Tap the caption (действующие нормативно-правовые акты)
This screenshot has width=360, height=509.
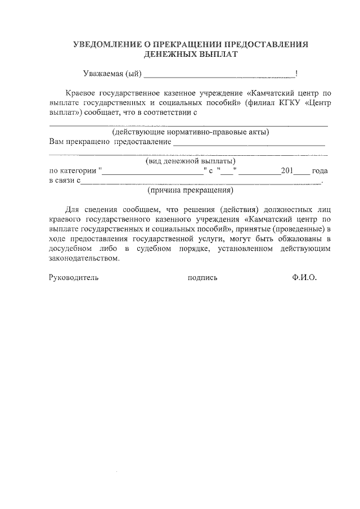tap(191, 132)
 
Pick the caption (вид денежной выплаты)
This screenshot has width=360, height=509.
tap(191, 161)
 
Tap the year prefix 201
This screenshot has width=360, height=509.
tap(287, 170)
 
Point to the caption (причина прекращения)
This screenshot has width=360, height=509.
tap(191, 190)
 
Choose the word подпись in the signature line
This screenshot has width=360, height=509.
tap(202, 278)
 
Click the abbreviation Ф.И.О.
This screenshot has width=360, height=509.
tap(305, 278)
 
